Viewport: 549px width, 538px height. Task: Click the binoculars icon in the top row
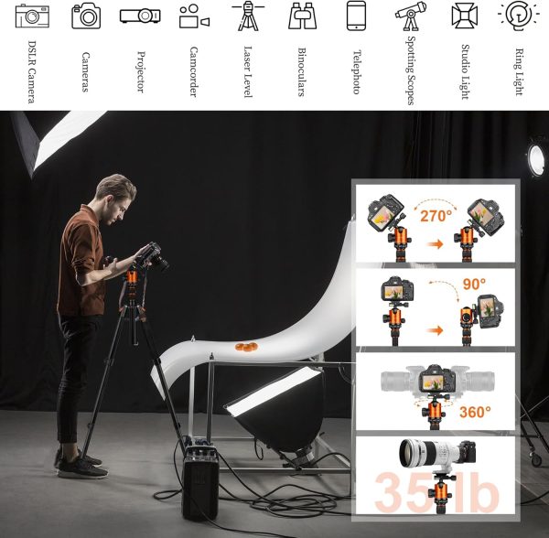coord(303,16)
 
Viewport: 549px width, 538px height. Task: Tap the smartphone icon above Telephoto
coord(356,16)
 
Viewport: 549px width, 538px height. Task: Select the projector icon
coord(140,16)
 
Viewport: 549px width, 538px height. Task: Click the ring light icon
coord(519,15)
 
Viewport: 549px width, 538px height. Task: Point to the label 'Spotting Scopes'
coord(411,70)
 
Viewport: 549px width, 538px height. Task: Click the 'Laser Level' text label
coord(248,71)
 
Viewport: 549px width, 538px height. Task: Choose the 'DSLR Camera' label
coord(31,71)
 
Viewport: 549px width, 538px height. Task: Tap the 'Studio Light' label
coord(465,71)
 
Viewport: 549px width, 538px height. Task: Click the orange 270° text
coord(436,216)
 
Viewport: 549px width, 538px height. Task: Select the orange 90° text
coord(474,285)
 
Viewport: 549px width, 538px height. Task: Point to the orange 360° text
coord(475,412)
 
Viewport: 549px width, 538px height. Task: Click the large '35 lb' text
coord(437,492)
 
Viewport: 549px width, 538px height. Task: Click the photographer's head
coord(116,199)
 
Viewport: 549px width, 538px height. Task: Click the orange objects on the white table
coord(246,347)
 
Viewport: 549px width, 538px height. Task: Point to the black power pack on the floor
coord(200,482)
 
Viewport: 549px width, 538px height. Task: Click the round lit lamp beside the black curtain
coord(535,159)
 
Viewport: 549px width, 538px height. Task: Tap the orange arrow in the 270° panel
coord(436,244)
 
